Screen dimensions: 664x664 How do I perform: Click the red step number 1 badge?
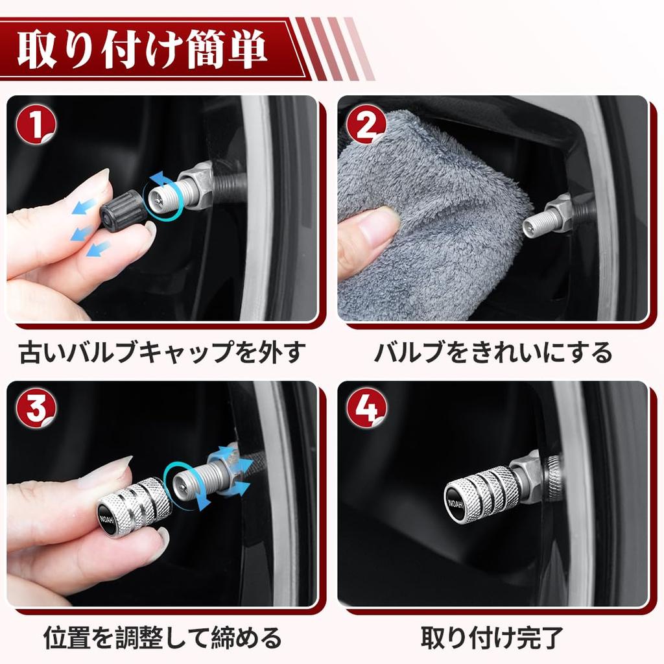click(x=37, y=124)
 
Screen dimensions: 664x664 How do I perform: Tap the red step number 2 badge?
click(x=366, y=124)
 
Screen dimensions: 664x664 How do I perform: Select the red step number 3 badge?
click(x=37, y=409)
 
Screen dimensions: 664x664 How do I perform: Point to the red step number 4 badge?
click(x=366, y=409)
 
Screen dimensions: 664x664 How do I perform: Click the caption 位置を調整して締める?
click(x=162, y=637)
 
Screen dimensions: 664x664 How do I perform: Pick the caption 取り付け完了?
click(x=493, y=637)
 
